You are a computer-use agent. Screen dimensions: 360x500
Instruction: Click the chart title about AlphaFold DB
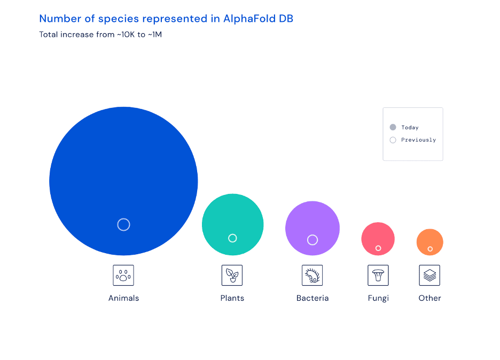pos(166,19)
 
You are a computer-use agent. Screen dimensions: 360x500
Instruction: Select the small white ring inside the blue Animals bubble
pos(123,224)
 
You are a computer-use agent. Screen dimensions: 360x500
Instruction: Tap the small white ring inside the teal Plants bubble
pos(232,238)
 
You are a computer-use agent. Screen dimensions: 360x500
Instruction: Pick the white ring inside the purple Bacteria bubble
pos(312,240)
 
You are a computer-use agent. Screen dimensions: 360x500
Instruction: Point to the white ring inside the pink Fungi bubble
pos(378,248)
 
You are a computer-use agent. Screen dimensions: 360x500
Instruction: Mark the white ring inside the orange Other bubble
pos(430,249)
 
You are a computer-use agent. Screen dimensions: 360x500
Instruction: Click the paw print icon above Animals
pos(123,276)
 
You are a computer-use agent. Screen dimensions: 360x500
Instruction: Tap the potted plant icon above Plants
pos(232,276)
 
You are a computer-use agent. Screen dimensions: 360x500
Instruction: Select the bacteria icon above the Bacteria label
pos(312,276)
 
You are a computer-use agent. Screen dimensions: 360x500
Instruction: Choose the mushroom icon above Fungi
pos(378,276)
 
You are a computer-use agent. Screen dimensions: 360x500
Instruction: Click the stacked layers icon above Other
pos(429,276)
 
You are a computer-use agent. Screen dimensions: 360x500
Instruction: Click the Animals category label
pos(123,298)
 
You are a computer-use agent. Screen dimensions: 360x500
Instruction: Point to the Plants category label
pos(232,298)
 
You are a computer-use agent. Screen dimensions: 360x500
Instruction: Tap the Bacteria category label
pos(312,298)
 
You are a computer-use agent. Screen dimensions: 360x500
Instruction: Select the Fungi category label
pos(378,298)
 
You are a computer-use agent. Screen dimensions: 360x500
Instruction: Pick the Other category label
pos(429,298)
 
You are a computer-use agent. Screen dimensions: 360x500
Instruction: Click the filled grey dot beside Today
pos(393,128)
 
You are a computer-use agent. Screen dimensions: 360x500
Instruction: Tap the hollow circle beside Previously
pos(393,140)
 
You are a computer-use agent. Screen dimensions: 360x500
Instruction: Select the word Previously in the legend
pos(418,140)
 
